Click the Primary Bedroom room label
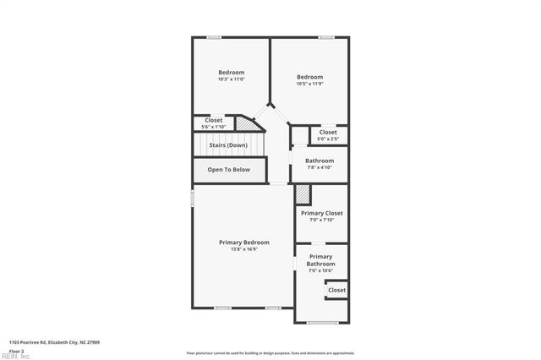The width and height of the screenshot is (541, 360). point(243,243)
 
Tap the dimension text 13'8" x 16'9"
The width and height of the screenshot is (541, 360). point(243,249)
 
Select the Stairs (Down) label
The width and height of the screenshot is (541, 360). point(228,145)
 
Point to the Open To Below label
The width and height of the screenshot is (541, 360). point(228,170)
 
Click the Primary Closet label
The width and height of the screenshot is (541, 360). point(322,213)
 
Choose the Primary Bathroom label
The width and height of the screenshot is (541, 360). point(320,260)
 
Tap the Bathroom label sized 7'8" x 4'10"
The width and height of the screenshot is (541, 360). point(320,161)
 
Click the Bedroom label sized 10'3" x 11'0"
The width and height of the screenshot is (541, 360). point(232,73)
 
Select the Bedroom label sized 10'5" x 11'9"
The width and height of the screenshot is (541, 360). point(309,78)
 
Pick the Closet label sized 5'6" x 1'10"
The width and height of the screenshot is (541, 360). point(214,121)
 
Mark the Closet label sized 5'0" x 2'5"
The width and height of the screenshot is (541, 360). point(328,133)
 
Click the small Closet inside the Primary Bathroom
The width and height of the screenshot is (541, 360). point(336,290)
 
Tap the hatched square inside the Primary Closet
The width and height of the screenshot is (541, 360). point(303,194)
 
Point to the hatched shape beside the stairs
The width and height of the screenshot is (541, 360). point(244,124)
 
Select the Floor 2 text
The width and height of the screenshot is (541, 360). point(16,350)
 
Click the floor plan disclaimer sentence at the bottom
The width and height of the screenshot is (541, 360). point(270,352)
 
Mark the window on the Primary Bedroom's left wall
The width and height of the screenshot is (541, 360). point(193,198)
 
